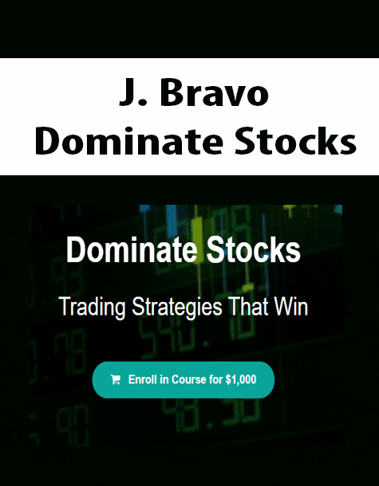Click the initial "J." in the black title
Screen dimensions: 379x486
[x=130, y=93]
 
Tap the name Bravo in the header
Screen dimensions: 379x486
[x=214, y=93]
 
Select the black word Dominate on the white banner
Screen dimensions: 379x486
[x=128, y=140]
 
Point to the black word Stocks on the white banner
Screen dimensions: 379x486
[x=295, y=140]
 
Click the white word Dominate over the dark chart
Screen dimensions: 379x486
[x=132, y=250]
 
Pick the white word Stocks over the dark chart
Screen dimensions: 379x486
[x=254, y=250]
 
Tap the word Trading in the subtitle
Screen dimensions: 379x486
[x=93, y=307]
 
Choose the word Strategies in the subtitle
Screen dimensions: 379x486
[x=176, y=307]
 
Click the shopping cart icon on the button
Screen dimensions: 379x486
[x=116, y=380]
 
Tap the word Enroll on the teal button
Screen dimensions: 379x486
[x=143, y=379]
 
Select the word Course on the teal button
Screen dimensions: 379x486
[x=189, y=379]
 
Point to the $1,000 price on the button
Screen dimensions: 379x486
[x=241, y=380]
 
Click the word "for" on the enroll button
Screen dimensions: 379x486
[x=216, y=379]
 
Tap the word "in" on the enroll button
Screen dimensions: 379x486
[x=164, y=379]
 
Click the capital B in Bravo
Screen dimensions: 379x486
[x=170, y=93]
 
